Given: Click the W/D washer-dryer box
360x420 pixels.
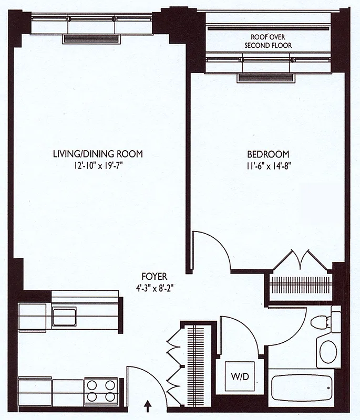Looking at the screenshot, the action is (x=240, y=376).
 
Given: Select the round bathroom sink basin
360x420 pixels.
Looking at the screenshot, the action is (x=328, y=352).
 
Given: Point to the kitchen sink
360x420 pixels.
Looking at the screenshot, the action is (x=64, y=317).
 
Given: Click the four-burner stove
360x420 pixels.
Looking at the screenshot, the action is (x=101, y=391).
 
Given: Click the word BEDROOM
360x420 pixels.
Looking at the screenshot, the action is (x=268, y=154).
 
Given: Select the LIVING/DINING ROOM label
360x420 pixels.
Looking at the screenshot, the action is (x=98, y=154).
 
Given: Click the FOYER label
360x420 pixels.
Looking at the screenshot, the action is (x=155, y=276).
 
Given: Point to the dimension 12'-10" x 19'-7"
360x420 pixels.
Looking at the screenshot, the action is (x=98, y=166).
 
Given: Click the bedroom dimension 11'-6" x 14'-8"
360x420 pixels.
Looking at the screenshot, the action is (x=269, y=166).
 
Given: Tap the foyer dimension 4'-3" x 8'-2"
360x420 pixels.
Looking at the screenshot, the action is (x=155, y=288).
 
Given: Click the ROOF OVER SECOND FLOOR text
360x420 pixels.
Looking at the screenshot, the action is (x=268, y=41).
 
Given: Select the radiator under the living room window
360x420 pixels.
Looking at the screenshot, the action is (x=91, y=39).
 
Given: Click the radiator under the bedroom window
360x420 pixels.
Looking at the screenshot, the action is (x=265, y=78).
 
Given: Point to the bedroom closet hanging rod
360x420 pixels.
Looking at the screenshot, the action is (x=300, y=285).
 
